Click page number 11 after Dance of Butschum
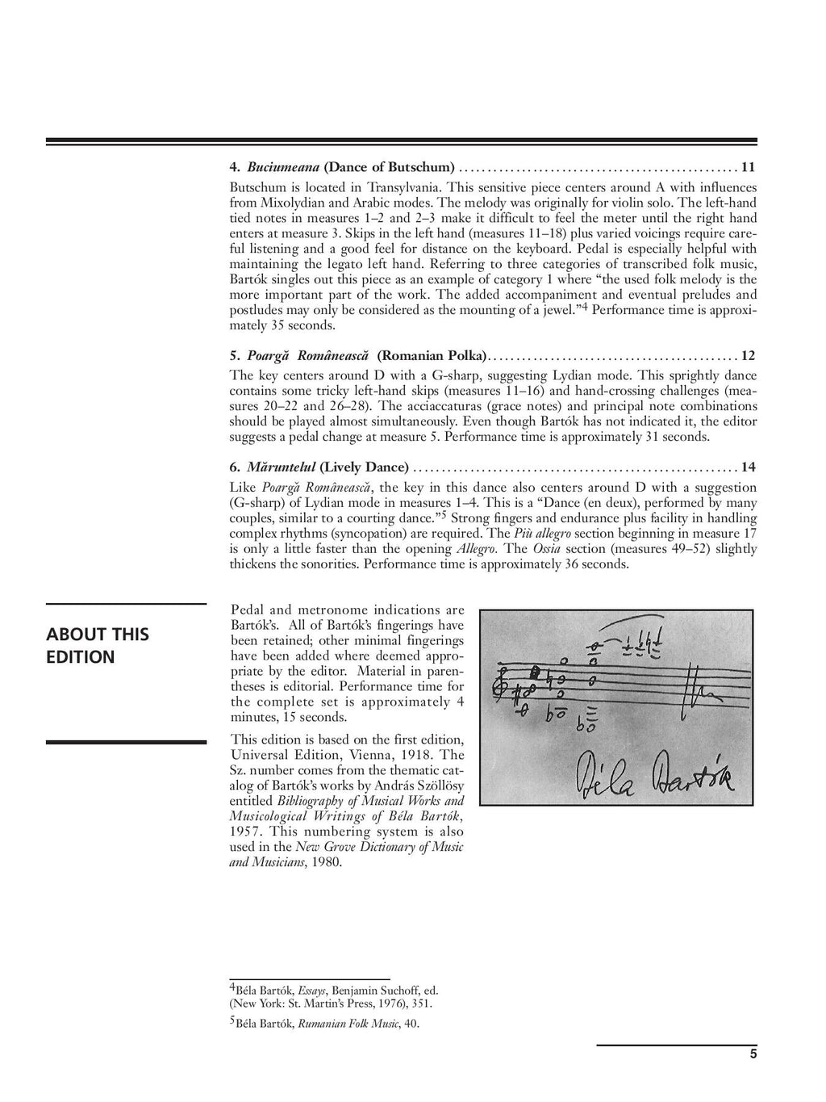(749, 168)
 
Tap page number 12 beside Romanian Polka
(749, 356)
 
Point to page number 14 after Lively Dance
(749, 467)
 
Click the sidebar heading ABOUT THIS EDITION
(98, 645)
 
